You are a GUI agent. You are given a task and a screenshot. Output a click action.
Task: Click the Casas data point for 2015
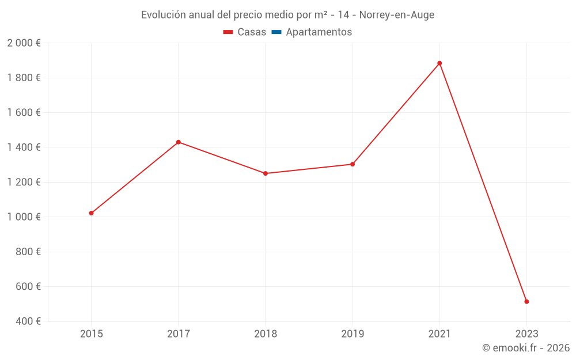tap(92, 213)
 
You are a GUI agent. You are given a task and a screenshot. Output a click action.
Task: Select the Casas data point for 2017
tap(179, 142)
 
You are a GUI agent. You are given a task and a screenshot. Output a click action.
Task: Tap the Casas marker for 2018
tap(266, 173)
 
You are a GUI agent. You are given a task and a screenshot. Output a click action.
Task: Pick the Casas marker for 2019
tap(353, 164)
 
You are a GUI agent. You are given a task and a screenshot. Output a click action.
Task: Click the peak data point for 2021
tap(439, 63)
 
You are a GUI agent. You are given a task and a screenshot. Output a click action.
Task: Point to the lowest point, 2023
tap(526, 302)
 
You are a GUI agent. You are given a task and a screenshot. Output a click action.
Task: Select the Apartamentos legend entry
tap(319, 32)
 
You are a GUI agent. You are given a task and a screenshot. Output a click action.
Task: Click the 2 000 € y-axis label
tap(24, 43)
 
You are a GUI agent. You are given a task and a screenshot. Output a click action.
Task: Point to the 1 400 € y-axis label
tap(24, 147)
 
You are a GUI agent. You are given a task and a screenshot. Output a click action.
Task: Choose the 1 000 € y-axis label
tap(24, 217)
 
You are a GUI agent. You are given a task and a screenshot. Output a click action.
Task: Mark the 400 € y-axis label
tap(27, 321)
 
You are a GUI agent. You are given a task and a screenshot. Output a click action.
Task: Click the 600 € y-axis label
tap(27, 287)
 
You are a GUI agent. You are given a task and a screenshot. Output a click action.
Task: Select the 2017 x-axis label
tap(179, 334)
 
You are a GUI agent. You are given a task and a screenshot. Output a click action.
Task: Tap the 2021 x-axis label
tap(439, 334)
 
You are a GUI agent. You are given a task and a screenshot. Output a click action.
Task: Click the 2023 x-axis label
tap(526, 334)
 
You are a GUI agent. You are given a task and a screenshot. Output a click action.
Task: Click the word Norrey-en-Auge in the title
tap(397, 15)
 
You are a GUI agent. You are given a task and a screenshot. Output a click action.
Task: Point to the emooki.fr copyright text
tap(525, 348)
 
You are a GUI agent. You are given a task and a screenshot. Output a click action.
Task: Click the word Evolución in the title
tap(163, 15)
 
